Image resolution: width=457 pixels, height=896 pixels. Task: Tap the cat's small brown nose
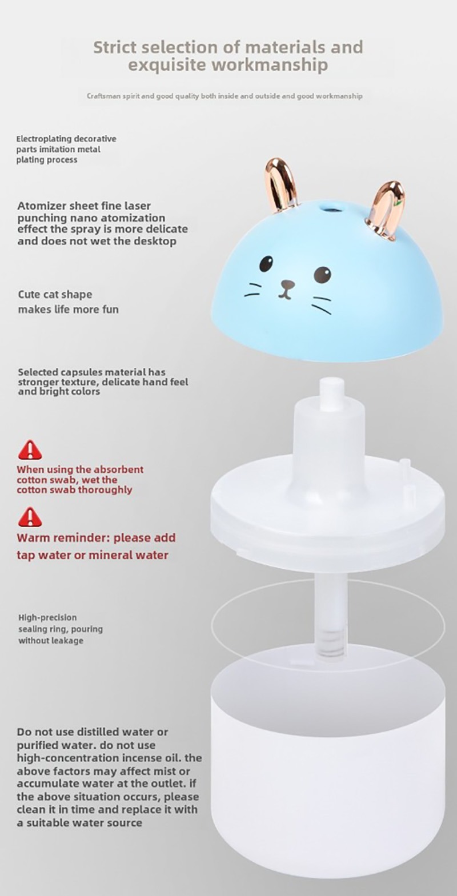(x=287, y=285)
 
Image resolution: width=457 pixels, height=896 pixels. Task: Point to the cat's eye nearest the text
(x=266, y=263)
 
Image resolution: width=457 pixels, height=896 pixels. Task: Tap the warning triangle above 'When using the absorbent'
(x=30, y=450)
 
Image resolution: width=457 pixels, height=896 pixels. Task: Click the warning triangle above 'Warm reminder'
(x=30, y=517)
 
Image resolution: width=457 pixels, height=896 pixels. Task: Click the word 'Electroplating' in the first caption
(x=45, y=139)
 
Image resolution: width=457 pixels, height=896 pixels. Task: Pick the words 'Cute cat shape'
(x=55, y=295)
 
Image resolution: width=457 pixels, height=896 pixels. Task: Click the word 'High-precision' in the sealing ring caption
(x=47, y=617)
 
